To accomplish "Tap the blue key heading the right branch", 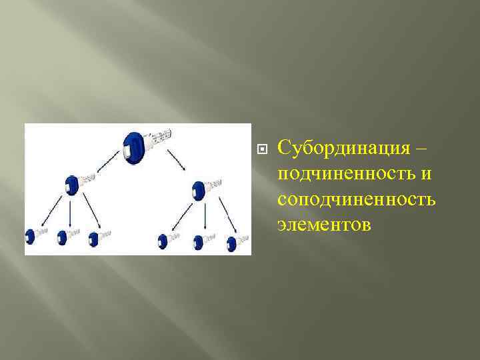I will click(198, 190).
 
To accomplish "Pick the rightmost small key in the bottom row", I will click(232, 243).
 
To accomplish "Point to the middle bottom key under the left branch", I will click(63, 236).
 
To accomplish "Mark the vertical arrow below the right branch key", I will click(204, 217).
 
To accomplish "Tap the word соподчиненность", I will click(357, 199).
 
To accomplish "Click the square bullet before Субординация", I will click(261, 147).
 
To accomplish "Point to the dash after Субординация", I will click(429, 147).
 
